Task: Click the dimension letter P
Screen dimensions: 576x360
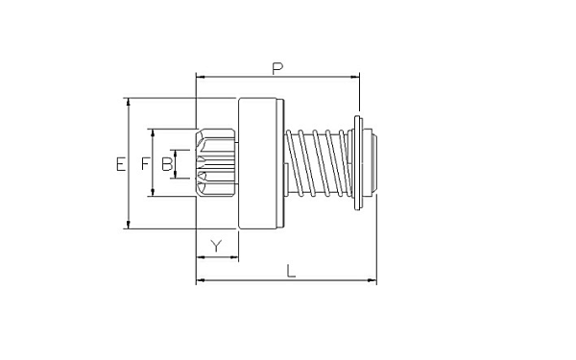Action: pos(277,69)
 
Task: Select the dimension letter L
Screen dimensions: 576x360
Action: pos(291,272)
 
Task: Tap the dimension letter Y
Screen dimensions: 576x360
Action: pos(217,246)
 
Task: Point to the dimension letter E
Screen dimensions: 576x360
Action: pos(121,164)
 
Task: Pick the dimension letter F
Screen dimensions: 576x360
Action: pos(146,163)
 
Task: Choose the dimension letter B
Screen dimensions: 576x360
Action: pos(167,164)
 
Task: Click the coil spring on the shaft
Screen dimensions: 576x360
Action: pos(318,163)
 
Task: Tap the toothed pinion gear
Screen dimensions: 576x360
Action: pos(216,163)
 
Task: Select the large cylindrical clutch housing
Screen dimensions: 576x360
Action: pos(261,163)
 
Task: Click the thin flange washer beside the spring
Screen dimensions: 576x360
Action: pos(358,163)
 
